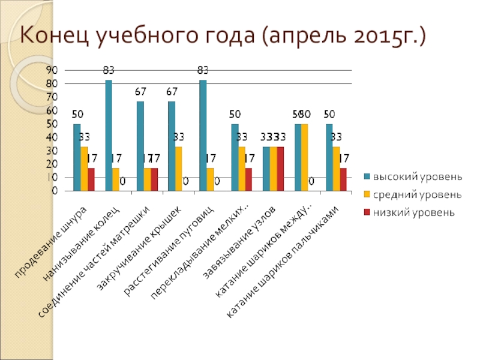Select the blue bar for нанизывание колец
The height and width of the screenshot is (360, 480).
click(109, 136)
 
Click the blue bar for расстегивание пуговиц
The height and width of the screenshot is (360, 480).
click(203, 136)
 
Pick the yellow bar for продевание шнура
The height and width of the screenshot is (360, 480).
click(84, 169)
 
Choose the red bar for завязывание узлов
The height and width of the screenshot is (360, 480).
click(280, 169)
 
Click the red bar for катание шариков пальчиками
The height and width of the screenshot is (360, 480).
click(343, 179)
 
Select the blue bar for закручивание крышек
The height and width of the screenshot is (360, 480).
click(172, 146)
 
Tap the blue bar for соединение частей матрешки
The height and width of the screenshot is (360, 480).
click(140, 146)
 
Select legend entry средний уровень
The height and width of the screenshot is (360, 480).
click(418, 195)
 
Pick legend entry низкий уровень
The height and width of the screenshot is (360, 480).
click(414, 212)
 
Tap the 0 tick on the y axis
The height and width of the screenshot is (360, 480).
click(55, 191)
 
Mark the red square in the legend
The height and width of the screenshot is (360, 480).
click(367, 212)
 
